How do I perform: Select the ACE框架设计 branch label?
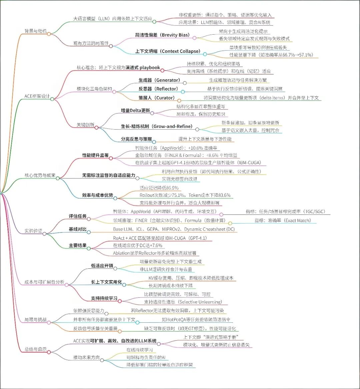tap(37, 96)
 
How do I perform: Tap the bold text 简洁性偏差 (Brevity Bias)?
tap(163, 35)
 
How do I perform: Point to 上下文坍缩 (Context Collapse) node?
tap(168, 51)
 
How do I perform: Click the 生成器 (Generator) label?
tap(159, 80)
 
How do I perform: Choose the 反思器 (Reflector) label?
tap(158, 89)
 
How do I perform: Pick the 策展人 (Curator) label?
tap(156, 98)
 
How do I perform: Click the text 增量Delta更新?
tap(135, 110)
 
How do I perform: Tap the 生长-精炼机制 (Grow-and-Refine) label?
tap(157, 127)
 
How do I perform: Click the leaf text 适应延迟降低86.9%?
tap(159, 188)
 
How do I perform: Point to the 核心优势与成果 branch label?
tap(40, 176)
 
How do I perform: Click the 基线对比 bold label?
tap(78, 229)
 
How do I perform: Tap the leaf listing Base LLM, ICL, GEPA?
tap(175, 229)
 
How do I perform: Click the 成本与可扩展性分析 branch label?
tap(45, 282)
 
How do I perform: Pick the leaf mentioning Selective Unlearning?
tap(183, 302)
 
